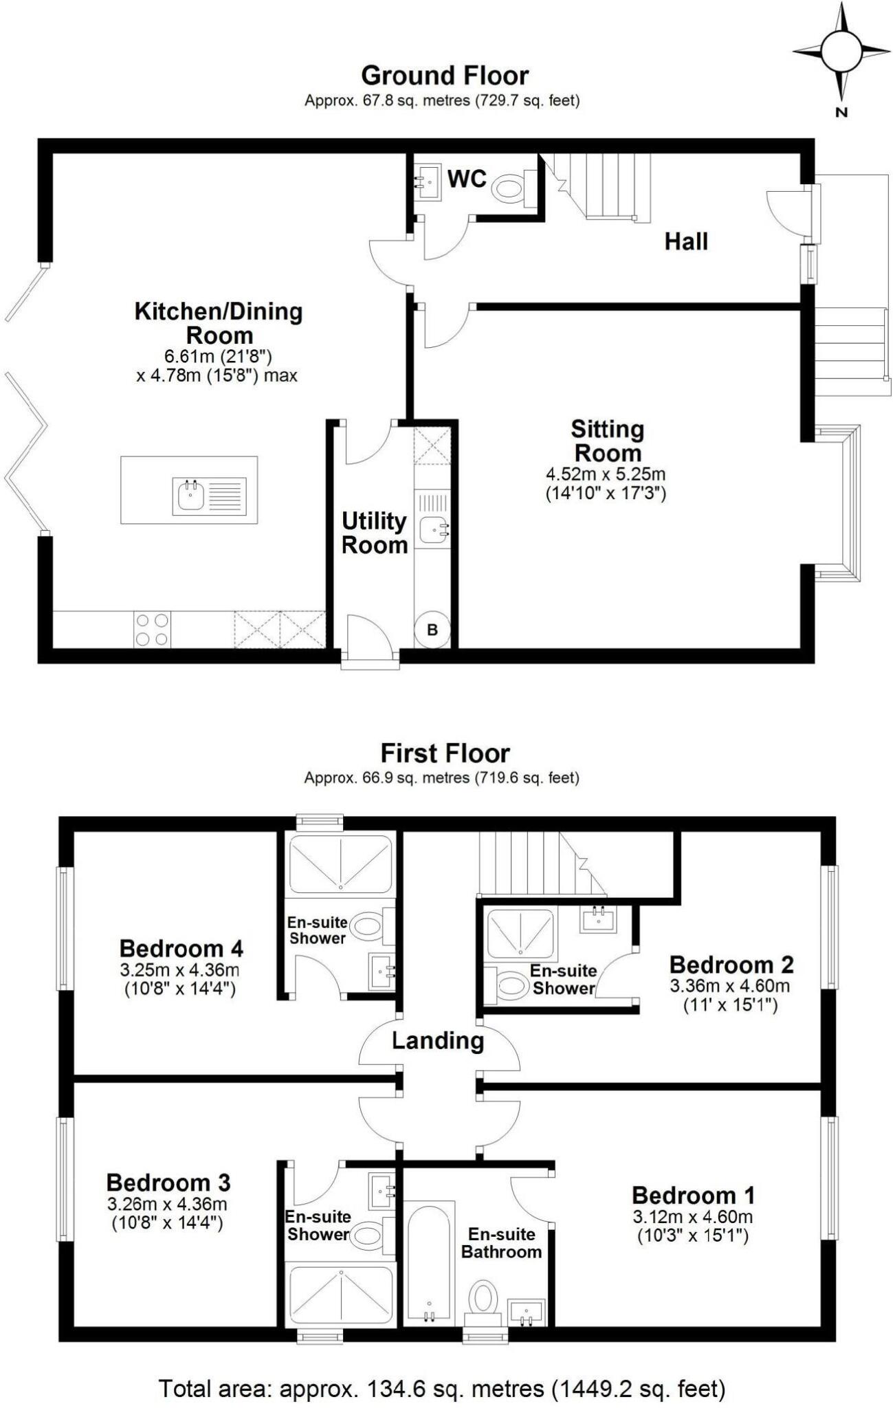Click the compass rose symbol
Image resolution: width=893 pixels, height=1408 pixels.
pyautogui.click(x=841, y=52)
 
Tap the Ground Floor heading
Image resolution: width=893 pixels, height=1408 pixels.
pyautogui.click(x=445, y=75)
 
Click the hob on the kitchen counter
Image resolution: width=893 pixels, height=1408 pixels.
pyautogui.click(x=152, y=629)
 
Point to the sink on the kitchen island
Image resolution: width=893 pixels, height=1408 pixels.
pyautogui.click(x=190, y=496)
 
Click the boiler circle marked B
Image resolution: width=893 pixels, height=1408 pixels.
pyautogui.click(x=432, y=630)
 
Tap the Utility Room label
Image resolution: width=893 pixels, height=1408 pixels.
pyautogui.click(x=375, y=533)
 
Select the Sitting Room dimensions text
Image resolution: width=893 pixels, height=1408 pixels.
pyautogui.click(x=606, y=483)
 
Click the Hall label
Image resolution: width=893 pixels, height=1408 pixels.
pyautogui.click(x=685, y=241)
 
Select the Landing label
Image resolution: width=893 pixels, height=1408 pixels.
pyautogui.click(x=438, y=1041)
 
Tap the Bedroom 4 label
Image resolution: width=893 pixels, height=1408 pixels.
pyautogui.click(x=181, y=949)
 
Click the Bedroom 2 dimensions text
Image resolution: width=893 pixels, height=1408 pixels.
pyautogui.click(x=730, y=995)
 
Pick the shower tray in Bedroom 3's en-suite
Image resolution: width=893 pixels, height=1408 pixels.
pyautogui.click(x=340, y=1292)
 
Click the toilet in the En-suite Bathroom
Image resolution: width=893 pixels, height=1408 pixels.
pyautogui.click(x=483, y=1296)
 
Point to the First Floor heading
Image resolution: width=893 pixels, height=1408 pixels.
pyautogui.click(x=445, y=753)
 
